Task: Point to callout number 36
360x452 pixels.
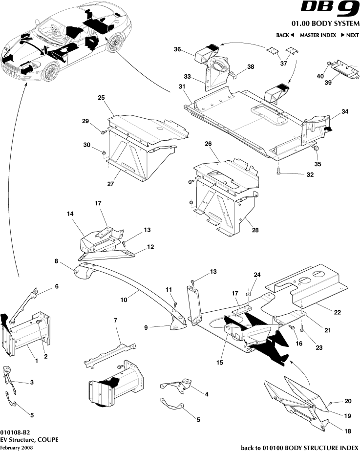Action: (x=177, y=49)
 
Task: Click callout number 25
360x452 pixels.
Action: (x=101, y=98)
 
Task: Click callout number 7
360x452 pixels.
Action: (x=115, y=320)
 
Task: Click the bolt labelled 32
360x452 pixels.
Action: (x=278, y=171)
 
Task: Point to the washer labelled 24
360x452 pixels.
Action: (x=249, y=295)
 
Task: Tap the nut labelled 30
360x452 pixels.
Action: (x=105, y=153)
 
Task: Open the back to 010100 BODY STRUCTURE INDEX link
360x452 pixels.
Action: (x=300, y=448)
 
